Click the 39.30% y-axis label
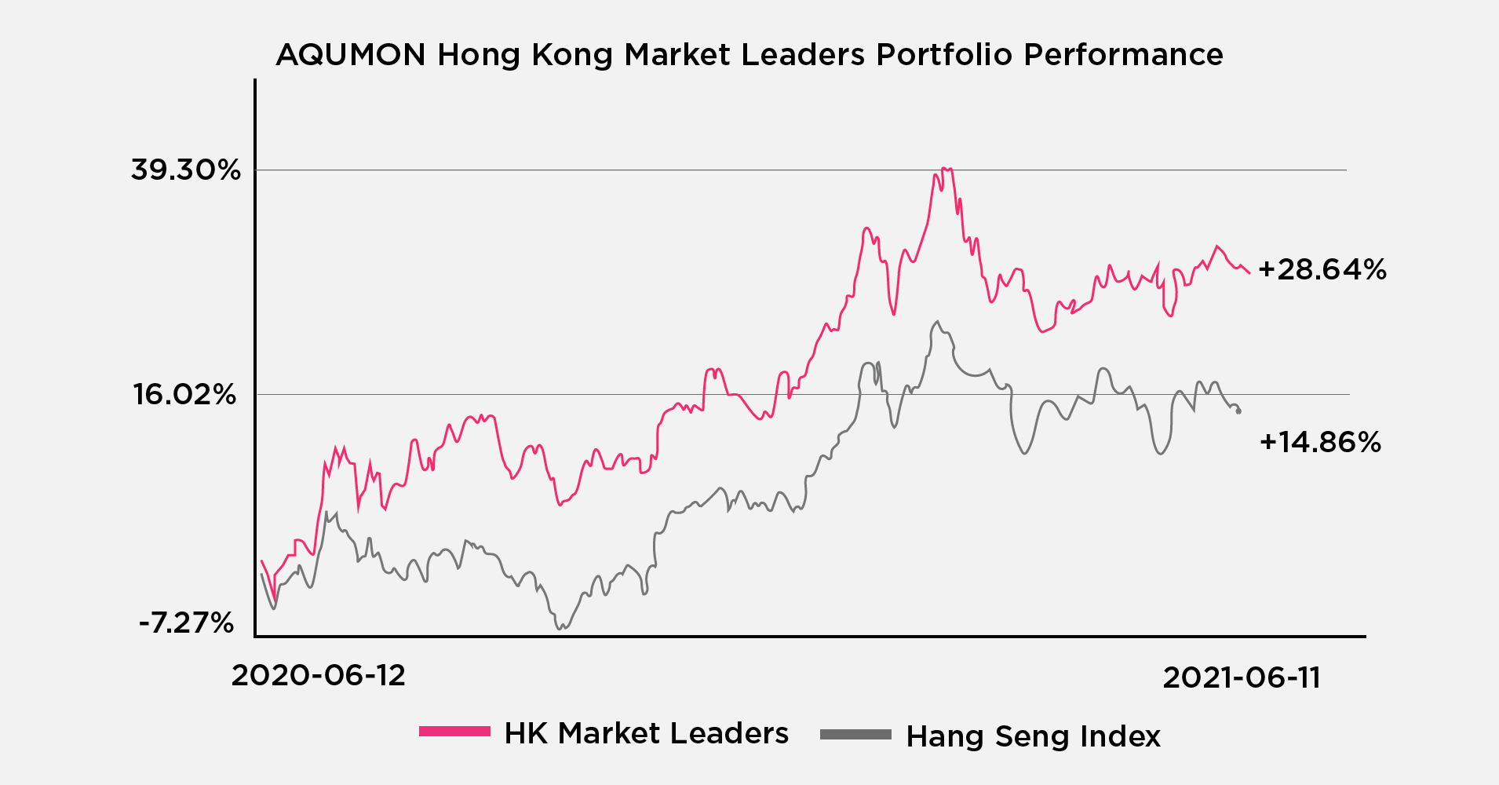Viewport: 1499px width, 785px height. pos(186,170)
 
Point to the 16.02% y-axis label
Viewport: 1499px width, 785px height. pos(185,394)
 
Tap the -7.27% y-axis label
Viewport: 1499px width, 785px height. pos(187,623)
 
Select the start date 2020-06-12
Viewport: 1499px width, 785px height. pos(319,676)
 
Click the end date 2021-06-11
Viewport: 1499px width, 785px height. pos(1242,678)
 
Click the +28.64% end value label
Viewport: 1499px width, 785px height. pos(1322,270)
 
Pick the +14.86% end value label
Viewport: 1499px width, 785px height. pos(1320,443)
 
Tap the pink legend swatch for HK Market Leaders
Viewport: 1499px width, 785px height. pos(454,732)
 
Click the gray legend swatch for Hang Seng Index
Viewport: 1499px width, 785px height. pos(855,735)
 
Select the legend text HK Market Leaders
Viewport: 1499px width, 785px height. pos(647,733)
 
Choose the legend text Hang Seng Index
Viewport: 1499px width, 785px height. pos(1033,736)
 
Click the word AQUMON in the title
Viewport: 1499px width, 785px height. pos(351,55)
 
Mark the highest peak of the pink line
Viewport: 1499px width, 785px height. pos(946,169)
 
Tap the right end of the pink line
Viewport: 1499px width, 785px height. pos(1249,272)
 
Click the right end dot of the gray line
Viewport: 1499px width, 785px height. pos(1238,411)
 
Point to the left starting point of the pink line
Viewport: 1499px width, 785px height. pos(261,560)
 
